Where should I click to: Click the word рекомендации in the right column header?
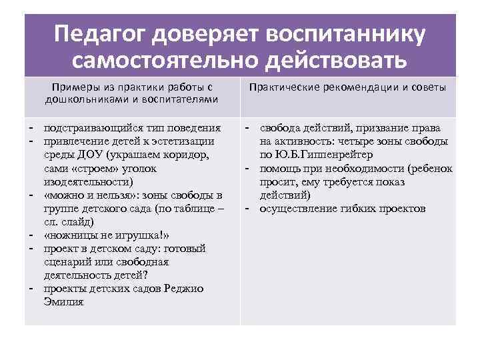(x=355, y=87)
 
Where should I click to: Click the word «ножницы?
(x=69, y=235)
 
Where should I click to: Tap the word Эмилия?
(x=63, y=301)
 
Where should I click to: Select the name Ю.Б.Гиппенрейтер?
(x=319, y=155)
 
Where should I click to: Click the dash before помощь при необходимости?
(x=247, y=168)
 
